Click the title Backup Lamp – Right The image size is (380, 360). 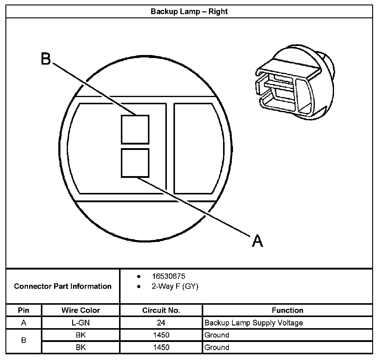[189, 12]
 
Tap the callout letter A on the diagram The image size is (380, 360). [257, 240]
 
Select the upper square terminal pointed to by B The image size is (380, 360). [135, 129]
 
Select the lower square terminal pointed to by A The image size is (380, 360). [135, 163]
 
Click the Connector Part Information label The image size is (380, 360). [63, 286]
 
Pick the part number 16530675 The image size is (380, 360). [168, 276]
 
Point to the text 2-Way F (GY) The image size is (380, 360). [175, 286]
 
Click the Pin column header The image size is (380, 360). [24, 310]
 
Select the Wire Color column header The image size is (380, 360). [81, 310]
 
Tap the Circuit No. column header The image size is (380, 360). [161, 310]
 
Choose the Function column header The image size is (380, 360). [287, 310]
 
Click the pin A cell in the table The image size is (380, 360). [24, 323]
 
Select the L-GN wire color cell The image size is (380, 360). [81, 323]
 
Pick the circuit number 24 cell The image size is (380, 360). [161, 323]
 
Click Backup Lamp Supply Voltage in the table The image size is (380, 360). [253, 323]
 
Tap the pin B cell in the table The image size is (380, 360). [24, 341]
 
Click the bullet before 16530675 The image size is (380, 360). [139, 276]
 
